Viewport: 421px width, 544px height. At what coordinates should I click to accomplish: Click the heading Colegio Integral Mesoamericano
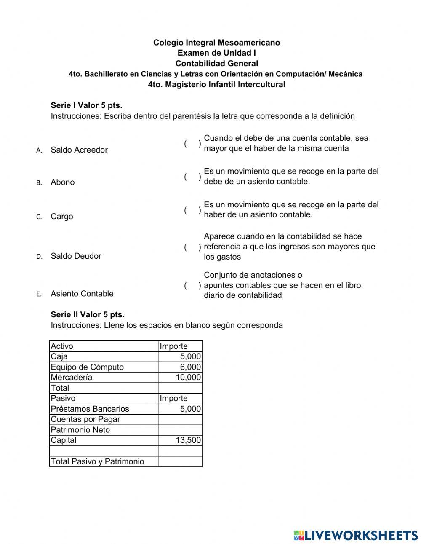pos(216,43)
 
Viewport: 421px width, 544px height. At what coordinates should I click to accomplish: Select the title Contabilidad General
pos(216,64)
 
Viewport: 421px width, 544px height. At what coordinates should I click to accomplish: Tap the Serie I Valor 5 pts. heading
pos(86,105)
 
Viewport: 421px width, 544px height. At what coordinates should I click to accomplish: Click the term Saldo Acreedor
pos(79,150)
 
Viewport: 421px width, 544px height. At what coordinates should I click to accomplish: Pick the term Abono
pos(63,182)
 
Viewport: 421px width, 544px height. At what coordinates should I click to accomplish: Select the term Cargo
pos(62,217)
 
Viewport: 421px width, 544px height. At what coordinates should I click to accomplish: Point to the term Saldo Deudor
pos(76,256)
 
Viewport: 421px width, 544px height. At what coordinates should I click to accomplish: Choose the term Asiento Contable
pos(82,294)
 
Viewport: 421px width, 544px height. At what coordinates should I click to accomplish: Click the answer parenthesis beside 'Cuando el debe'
pos(192,144)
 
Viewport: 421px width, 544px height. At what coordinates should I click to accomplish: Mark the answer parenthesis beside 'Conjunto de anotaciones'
pos(192,286)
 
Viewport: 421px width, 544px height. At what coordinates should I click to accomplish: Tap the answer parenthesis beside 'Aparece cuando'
pos(192,247)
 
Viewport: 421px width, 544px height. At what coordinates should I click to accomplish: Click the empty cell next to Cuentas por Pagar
pos(180,419)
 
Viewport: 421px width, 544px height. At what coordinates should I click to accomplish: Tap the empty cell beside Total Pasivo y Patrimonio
pos(180,461)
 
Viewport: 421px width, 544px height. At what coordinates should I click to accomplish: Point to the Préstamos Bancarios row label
pos(90,409)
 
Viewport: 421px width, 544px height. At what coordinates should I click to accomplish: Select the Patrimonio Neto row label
pos(80,430)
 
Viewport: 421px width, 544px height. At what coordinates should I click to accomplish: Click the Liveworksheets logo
pos(355,535)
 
